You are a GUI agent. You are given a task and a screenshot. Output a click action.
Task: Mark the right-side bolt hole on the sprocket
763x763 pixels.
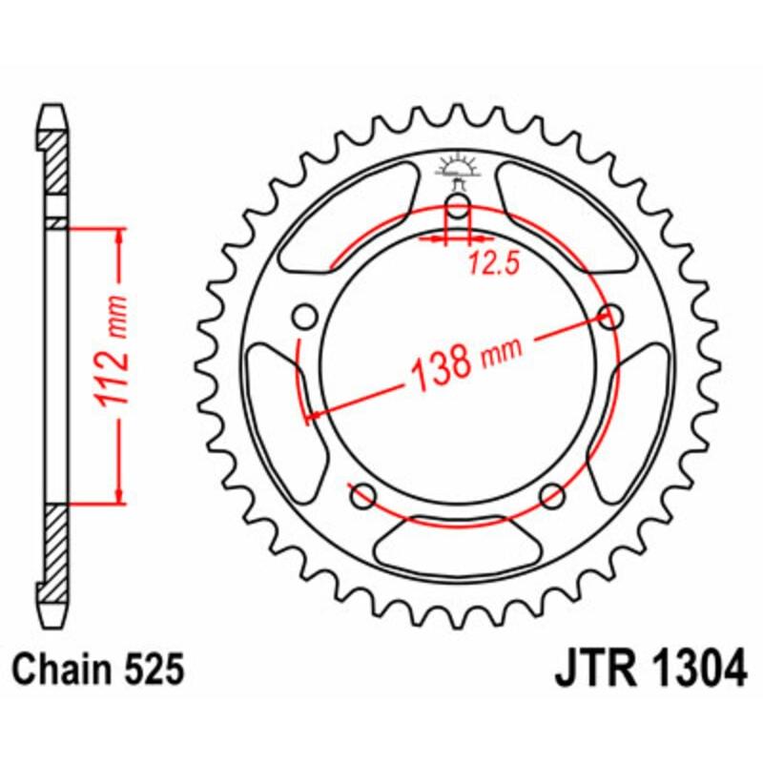[x=610, y=316]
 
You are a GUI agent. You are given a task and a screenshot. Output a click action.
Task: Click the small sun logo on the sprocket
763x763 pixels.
[x=459, y=168]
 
